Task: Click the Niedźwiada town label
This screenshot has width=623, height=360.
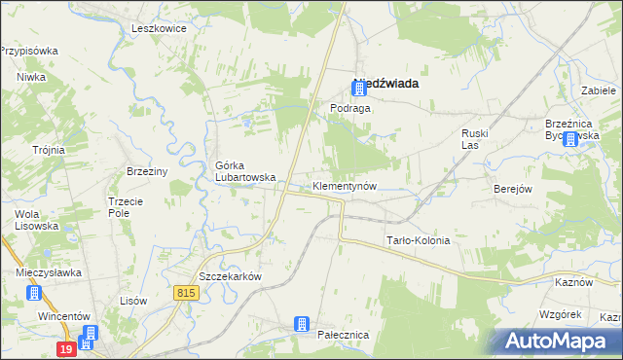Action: pyautogui.click(x=388, y=84)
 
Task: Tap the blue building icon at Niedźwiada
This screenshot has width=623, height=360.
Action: pyautogui.click(x=359, y=89)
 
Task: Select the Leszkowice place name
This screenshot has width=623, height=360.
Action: pyautogui.click(x=159, y=28)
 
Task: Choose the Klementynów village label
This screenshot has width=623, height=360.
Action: pyautogui.click(x=345, y=185)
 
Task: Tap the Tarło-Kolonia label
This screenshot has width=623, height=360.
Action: pyautogui.click(x=419, y=240)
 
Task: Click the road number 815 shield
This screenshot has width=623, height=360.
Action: pyautogui.click(x=189, y=292)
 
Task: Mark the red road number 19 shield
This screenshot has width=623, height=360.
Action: pyautogui.click(x=65, y=348)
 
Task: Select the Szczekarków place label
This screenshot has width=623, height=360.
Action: pyautogui.click(x=232, y=276)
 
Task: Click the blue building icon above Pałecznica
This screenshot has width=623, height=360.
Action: pyautogui.click(x=303, y=322)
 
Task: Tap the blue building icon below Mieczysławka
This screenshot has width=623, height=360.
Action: pyautogui.click(x=35, y=292)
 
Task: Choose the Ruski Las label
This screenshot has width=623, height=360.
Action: pyautogui.click(x=474, y=138)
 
